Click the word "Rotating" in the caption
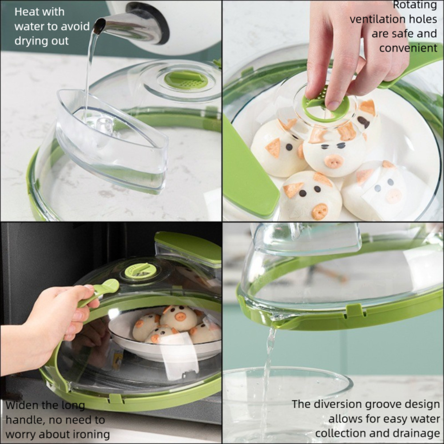(x=415, y=5)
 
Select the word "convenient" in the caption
(x=408, y=48)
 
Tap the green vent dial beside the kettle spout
(x=186, y=79)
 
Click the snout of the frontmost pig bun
(x=320, y=211)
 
